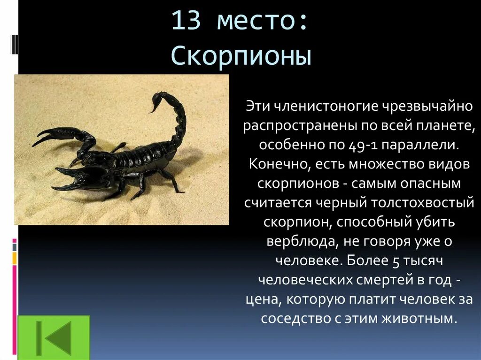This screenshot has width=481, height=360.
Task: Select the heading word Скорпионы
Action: [241, 56]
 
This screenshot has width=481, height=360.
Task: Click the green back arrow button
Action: [54, 337]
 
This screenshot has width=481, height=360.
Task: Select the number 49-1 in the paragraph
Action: [362, 145]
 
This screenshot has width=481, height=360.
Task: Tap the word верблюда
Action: [295, 241]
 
